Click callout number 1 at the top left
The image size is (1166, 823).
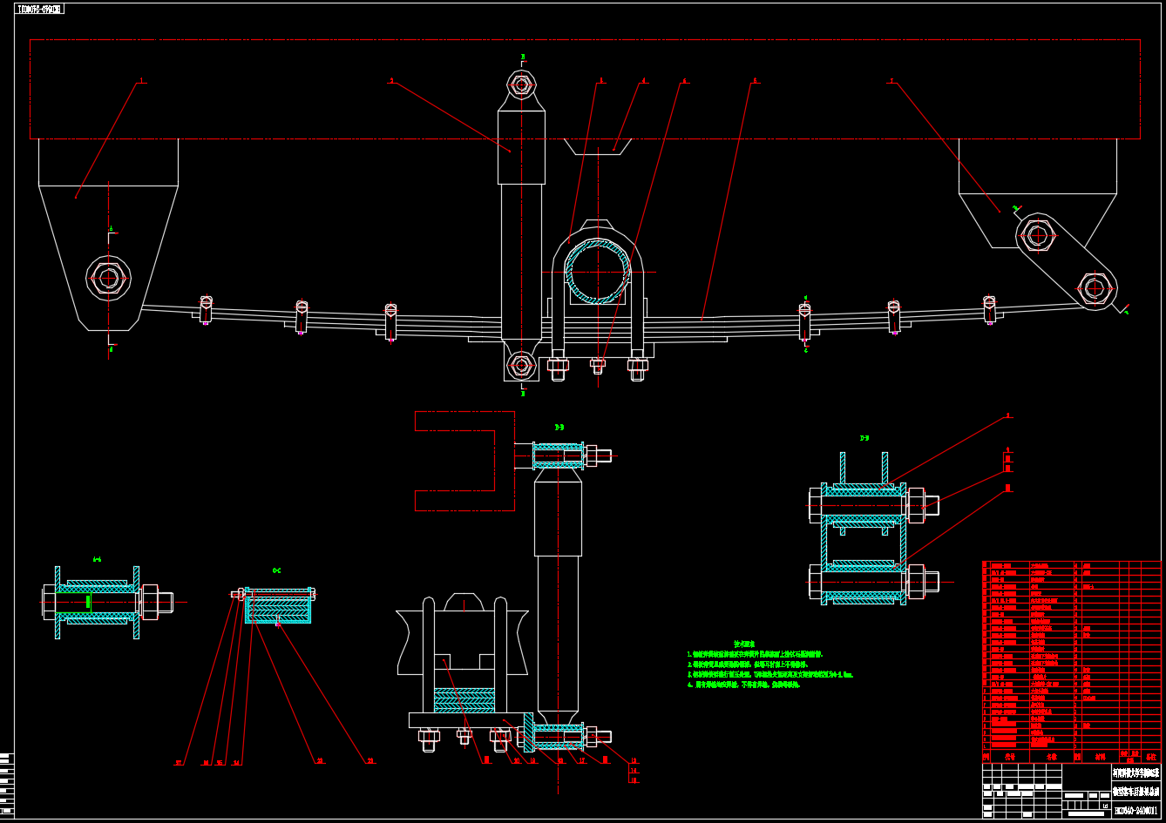139,81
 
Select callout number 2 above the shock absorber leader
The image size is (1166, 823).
391,80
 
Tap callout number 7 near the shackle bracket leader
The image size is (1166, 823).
891,80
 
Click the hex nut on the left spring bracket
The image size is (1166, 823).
108,278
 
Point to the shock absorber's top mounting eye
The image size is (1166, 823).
521,84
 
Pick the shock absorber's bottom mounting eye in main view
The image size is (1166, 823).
521,365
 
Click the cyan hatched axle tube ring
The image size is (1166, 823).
598,272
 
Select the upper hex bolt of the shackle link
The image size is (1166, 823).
1037,234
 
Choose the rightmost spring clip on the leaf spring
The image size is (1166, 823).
989,309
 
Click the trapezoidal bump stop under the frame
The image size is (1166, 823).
599,146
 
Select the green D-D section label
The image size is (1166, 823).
864,438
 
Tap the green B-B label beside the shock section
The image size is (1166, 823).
559,427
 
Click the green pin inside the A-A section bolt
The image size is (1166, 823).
89,601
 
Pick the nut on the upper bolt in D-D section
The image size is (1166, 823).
917,505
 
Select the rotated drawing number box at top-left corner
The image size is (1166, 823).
40,9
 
